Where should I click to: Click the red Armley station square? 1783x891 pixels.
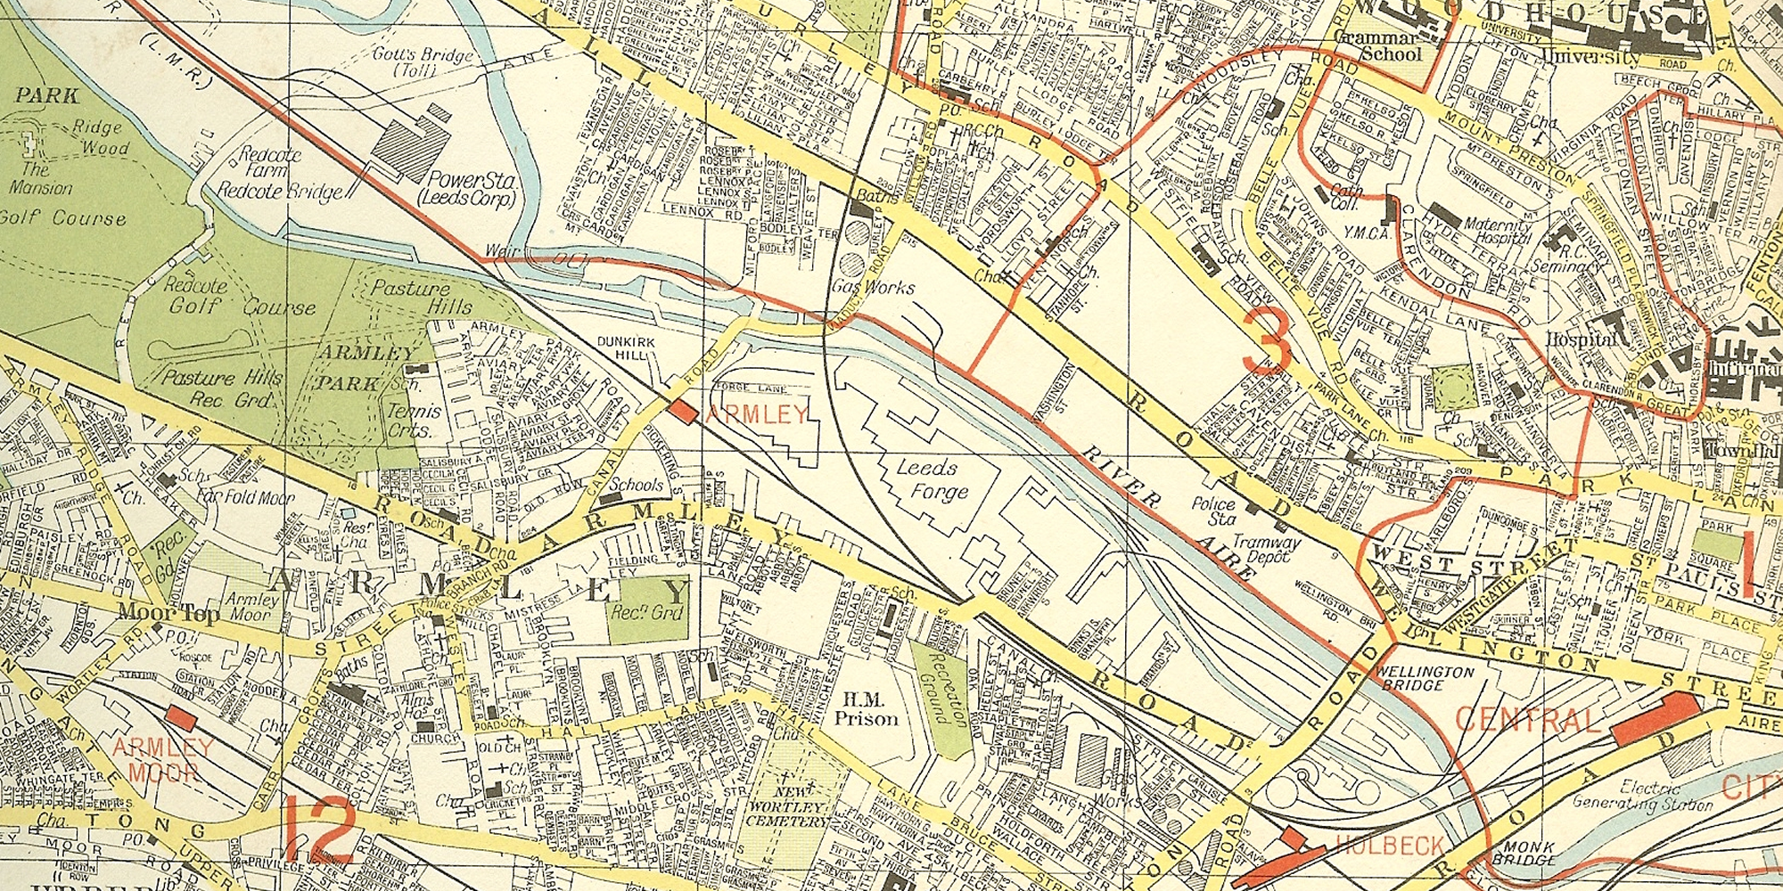click(684, 412)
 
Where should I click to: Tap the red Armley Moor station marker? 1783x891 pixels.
click(181, 720)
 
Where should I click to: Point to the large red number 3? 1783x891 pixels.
click(1266, 341)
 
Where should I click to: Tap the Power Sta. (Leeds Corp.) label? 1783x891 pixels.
click(471, 188)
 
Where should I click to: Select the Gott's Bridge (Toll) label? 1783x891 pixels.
click(422, 62)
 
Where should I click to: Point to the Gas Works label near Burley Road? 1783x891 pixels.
click(873, 287)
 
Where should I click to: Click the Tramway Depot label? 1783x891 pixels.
click(1267, 549)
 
